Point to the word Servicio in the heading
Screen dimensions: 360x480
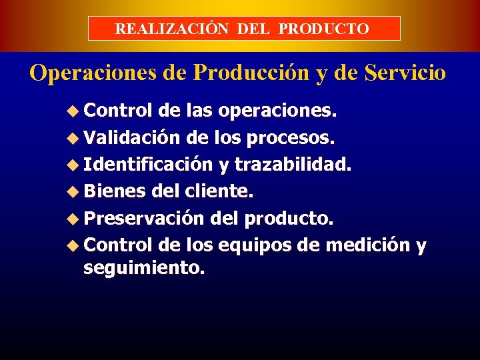click(405, 73)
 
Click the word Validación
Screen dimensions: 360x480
click(132, 139)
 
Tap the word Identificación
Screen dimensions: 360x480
click(148, 165)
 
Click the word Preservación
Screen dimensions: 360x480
click(143, 219)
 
